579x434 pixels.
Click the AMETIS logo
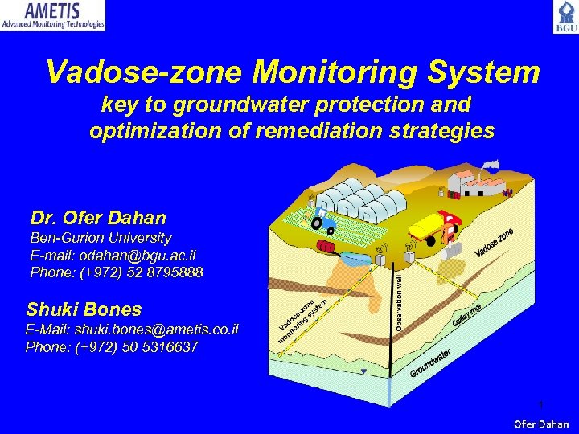point(53,15)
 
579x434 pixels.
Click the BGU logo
point(565,17)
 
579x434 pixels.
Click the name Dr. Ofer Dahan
point(98,218)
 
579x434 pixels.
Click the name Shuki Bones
point(84,309)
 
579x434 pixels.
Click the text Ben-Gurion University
point(101,238)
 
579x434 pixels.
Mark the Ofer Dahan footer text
point(541,424)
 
